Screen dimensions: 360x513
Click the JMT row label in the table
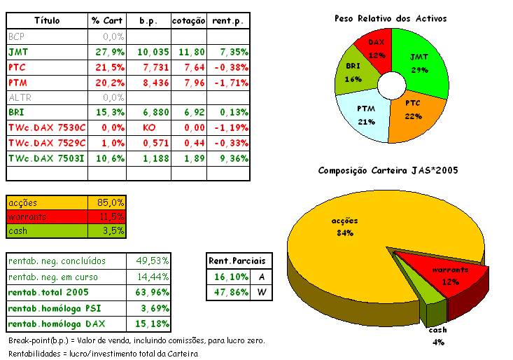(19, 52)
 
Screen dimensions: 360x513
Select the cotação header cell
(189, 21)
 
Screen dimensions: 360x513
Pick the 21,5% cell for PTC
(108, 67)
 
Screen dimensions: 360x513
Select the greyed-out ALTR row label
(20, 98)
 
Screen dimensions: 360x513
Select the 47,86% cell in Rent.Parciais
(228, 293)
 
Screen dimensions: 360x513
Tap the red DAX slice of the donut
(377, 49)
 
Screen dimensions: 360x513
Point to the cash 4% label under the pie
(437, 335)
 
